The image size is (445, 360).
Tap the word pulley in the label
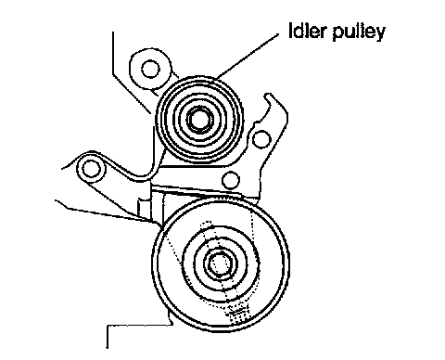(x=359, y=32)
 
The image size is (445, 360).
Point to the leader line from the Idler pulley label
(x=248, y=56)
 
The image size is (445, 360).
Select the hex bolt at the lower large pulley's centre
(x=220, y=264)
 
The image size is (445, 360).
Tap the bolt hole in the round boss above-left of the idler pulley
(x=150, y=69)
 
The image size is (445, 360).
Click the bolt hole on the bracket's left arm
(x=91, y=169)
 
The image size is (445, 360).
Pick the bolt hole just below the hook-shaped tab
(x=261, y=139)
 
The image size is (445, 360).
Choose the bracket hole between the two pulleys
(x=231, y=180)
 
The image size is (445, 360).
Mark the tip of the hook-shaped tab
(x=268, y=95)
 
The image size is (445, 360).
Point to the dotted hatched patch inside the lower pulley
(x=238, y=313)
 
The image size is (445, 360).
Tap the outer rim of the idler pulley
(x=199, y=77)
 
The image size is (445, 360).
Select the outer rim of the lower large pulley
(x=221, y=197)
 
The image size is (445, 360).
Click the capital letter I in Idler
(x=291, y=31)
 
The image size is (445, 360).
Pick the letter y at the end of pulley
(x=380, y=33)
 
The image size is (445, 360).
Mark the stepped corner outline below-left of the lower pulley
(x=139, y=325)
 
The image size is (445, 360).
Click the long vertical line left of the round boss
(x=113, y=53)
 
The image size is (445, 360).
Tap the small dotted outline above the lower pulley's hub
(x=207, y=225)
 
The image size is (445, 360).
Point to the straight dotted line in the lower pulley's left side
(x=173, y=250)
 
